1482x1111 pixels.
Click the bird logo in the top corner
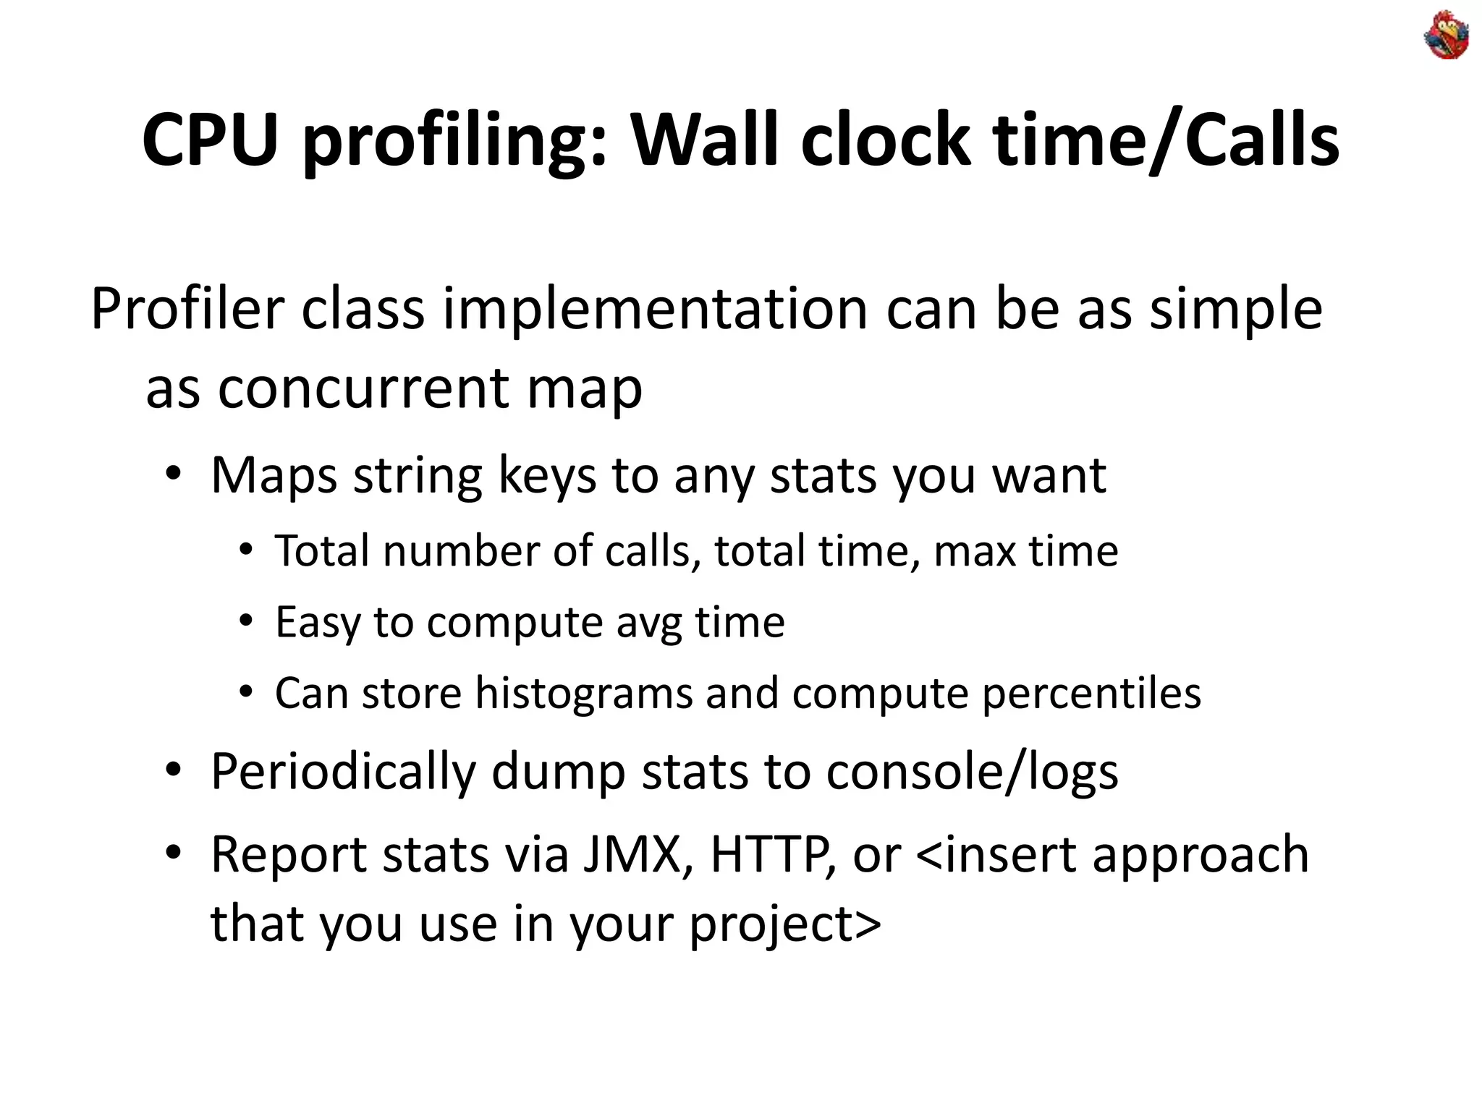(x=1446, y=35)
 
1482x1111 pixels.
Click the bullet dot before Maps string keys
(x=172, y=474)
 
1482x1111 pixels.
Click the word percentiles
(x=1091, y=693)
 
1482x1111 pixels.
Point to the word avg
(x=648, y=623)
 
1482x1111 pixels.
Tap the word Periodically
(x=343, y=772)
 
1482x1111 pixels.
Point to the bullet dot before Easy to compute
(x=246, y=621)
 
